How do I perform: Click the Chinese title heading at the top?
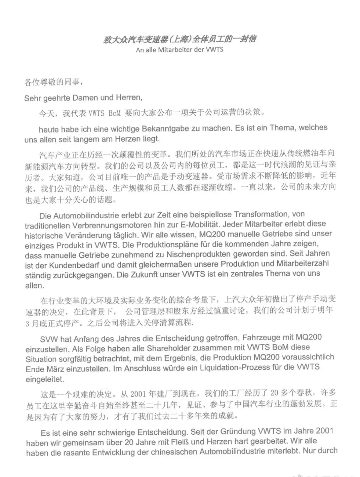pos(180,39)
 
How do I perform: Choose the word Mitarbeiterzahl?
pos(302,263)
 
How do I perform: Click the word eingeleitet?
pos(45,379)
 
